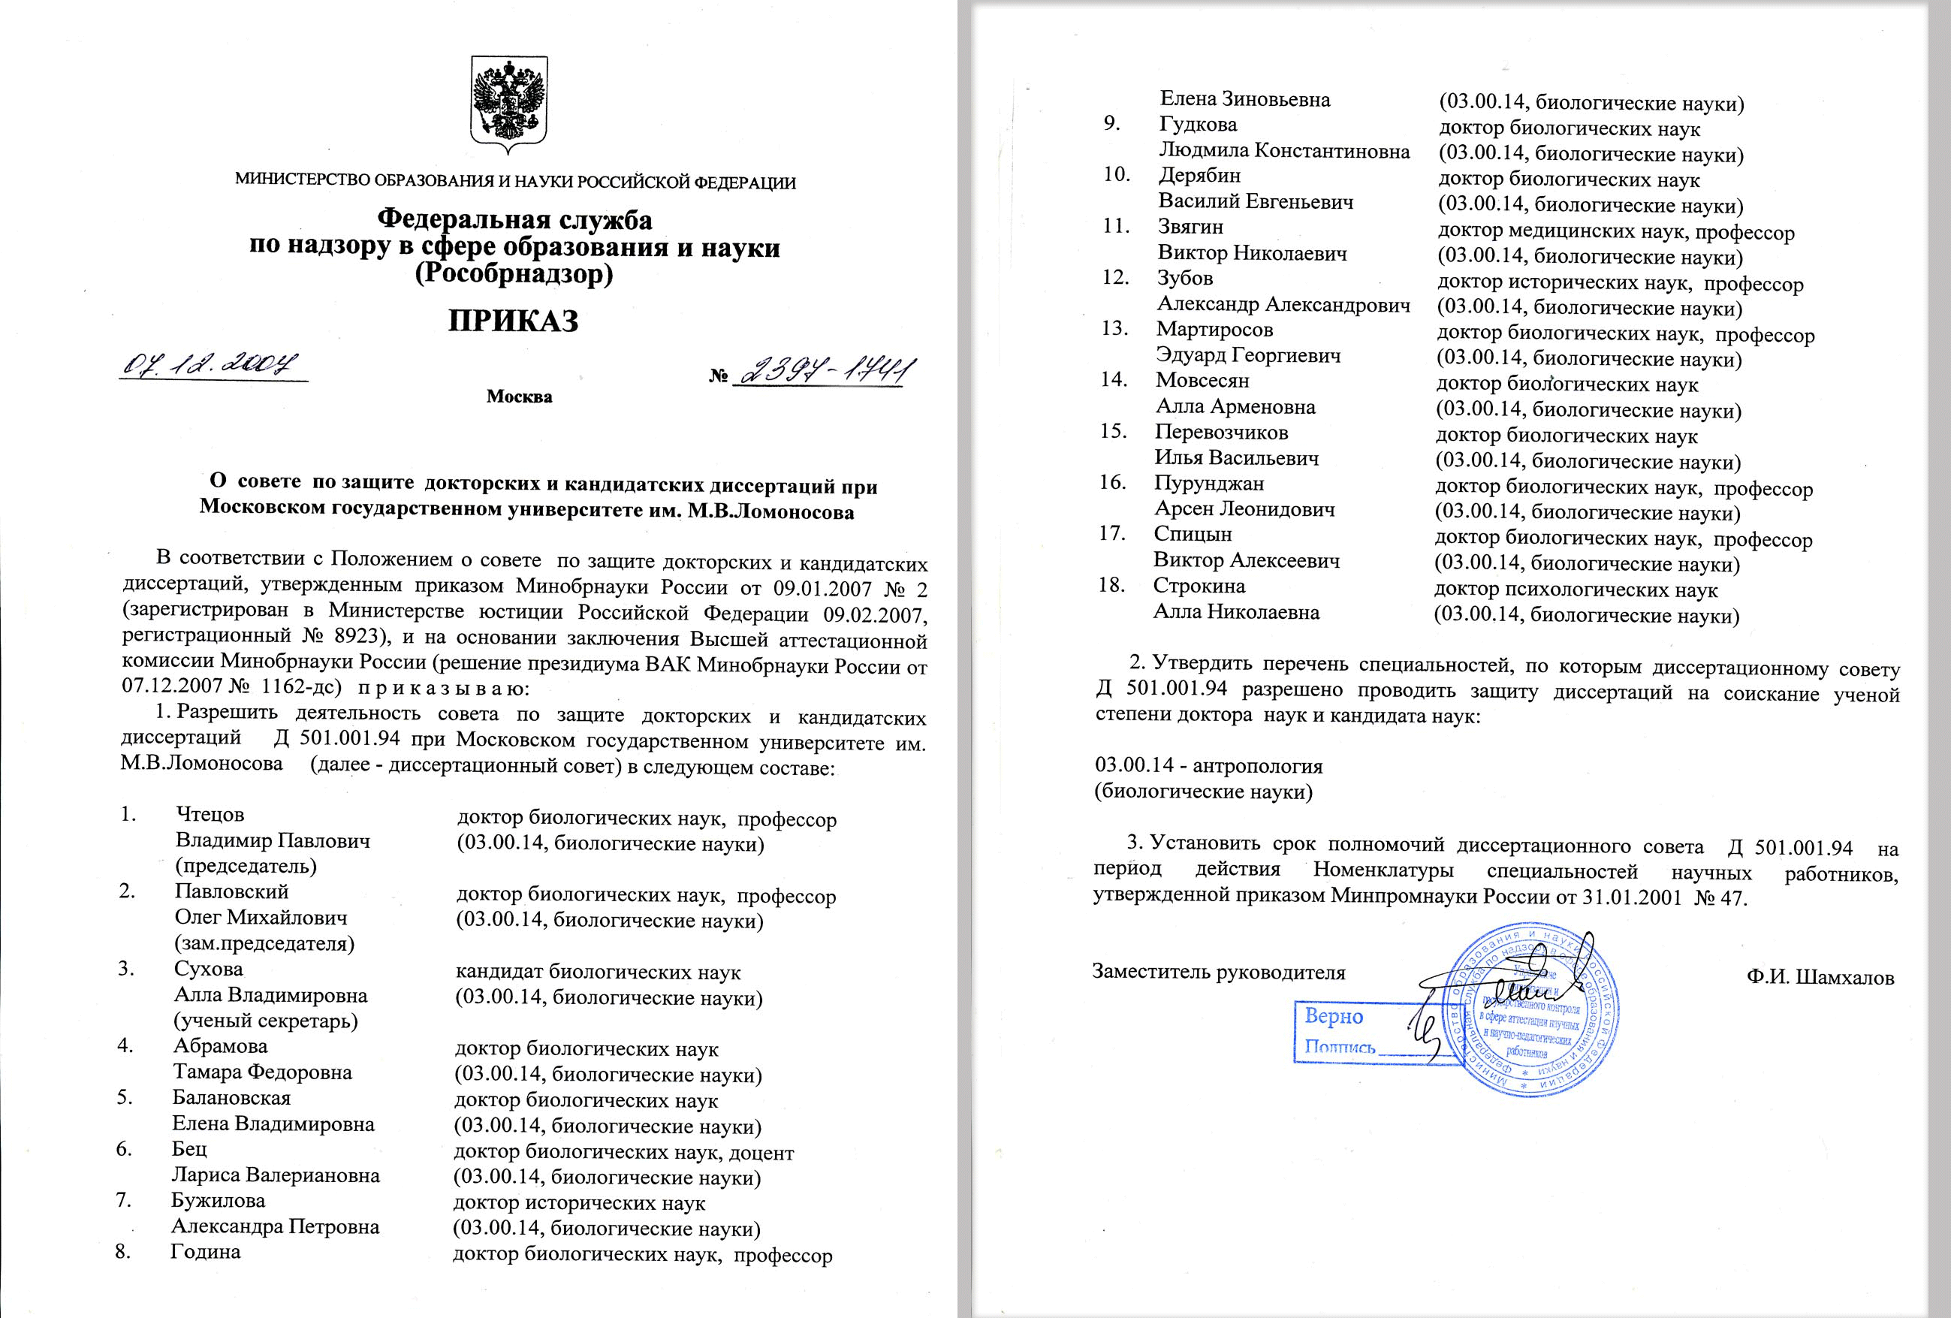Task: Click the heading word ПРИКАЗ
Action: [x=513, y=321]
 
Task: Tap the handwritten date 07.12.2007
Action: [x=211, y=364]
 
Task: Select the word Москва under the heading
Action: [x=519, y=397]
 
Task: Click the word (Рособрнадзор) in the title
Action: [x=514, y=275]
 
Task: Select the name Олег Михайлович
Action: [x=261, y=918]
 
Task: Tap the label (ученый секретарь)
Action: [x=265, y=1021]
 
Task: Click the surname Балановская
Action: [x=232, y=1097]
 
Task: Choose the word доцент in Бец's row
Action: [x=761, y=1153]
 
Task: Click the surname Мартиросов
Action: [x=1214, y=329]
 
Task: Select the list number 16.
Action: [x=1112, y=483]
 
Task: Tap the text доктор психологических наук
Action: [x=1576, y=590]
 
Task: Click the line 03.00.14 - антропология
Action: [x=1209, y=767]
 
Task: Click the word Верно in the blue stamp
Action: [x=1333, y=1017]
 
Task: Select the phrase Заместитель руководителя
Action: [x=1218, y=972]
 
